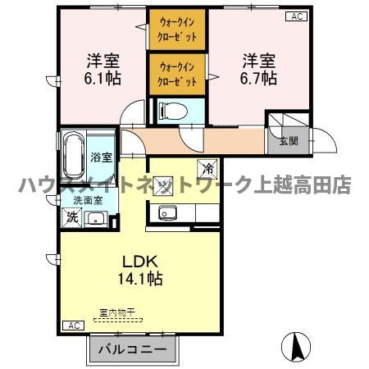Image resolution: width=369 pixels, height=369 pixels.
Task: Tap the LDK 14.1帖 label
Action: (x=142, y=271)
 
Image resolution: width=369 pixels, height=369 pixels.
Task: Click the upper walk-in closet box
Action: (x=178, y=30)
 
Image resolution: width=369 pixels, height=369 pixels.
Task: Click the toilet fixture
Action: (x=175, y=109)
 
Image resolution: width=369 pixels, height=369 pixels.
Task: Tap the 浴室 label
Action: (x=102, y=157)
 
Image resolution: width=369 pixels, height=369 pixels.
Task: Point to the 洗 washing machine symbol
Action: (x=71, y=218)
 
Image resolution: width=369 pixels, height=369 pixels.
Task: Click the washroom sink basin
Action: (x=96, y=218)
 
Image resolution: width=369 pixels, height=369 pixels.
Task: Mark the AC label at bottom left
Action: (x=72, y=325)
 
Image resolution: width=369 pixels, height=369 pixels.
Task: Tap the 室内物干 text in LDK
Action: (x=116, y=311)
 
